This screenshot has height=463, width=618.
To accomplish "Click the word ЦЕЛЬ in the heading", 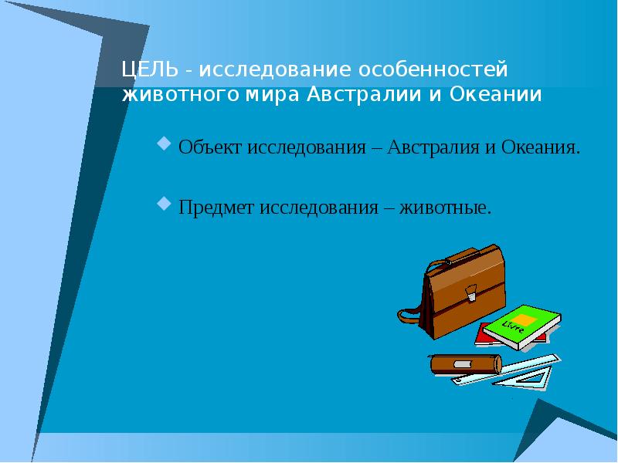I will [x=149, y=70].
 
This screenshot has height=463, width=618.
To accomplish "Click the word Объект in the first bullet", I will [x=210, y=147].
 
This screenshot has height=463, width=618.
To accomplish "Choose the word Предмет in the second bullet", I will [x=217, y=208].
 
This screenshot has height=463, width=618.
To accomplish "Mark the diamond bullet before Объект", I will [x=163, y=144].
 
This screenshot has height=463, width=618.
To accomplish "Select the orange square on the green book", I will [x=524, y=319].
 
